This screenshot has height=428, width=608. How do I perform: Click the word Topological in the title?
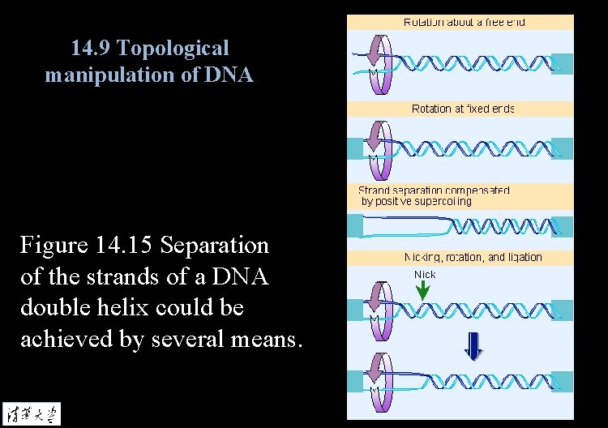click(173, 49)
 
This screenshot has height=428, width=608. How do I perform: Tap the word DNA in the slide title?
click(231, 76)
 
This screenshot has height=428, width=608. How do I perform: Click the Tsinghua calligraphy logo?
click(31, 412)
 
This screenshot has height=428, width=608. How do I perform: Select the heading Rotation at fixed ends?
click(463, 108)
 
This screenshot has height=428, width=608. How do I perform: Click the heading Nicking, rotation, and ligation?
click(473, 257)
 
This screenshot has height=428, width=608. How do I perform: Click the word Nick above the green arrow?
click(425, 275)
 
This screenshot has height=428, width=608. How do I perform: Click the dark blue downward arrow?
click(473, 346)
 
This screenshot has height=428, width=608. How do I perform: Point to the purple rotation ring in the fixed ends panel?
click(378, 148)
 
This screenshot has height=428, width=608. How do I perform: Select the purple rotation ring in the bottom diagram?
click(378, 379)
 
